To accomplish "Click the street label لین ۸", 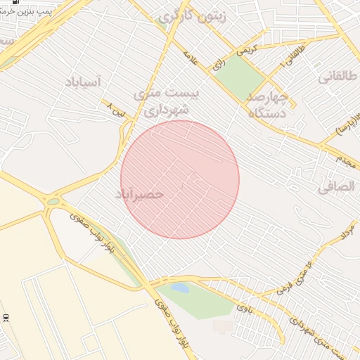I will [x=117, y=110].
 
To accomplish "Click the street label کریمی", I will [x=247, y=50].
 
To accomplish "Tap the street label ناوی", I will [x=243, y=307].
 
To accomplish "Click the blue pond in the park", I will [x=180, y=288].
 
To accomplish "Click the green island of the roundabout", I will [x=53, y=202].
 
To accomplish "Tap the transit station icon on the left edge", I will [x=6, y=318].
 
